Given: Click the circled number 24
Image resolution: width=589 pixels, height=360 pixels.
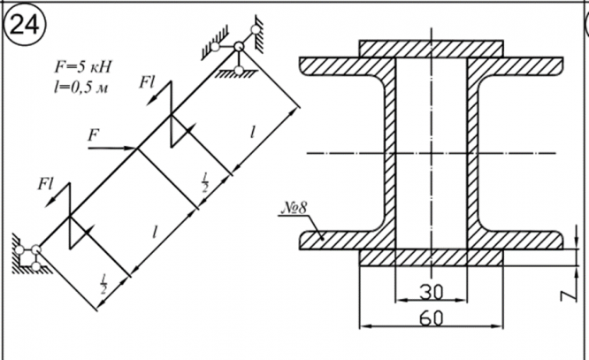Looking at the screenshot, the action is pyautogui.click(x=25, y=26).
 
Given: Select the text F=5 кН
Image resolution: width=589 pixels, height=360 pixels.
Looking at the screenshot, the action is pyautogui.click(x=83, y=67).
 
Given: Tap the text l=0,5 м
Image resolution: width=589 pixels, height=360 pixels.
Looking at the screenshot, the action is pyautogui.click(x=80, y=88).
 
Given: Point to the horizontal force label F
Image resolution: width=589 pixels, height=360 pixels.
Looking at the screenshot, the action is pyautogui.click(x=93, y=135).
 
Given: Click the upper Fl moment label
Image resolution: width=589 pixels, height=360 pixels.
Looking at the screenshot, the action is pyautogui.click(x=147, y=82).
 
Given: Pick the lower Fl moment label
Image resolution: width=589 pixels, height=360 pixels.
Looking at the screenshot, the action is pyautogui.click(x=45, y=184).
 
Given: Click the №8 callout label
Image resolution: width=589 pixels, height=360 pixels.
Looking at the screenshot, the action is pyautogui.click(x=294, y=208).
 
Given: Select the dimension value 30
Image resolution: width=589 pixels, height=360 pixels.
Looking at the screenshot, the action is pyautogui.click(x=432, y=292).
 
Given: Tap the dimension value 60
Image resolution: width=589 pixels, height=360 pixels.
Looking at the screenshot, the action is pyautogui.click(x=432, y=318).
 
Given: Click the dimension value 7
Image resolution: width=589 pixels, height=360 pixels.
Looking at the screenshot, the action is pyautogui.click(x=570, y=294).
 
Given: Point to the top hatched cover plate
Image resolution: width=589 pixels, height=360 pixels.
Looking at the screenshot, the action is pyautogui.click(x=432, y=49).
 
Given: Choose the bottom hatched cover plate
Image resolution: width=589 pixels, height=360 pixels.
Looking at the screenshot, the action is pyautogui.click(x=432, y=257).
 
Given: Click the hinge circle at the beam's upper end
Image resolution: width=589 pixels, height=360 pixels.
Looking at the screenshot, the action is pyautogui.click(x=239, y=47).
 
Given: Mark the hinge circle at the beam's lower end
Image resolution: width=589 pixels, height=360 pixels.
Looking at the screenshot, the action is pyautogui.click(x=36, y=249).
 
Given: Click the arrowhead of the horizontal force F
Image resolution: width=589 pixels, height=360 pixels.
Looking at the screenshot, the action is pyautogui.click(x=131, y=149).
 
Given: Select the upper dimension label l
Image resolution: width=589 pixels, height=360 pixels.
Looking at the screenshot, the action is pyautogui.click(x=253, y=133).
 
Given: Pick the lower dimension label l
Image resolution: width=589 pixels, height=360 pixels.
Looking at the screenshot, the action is pyautogui.click(x=155, y=232).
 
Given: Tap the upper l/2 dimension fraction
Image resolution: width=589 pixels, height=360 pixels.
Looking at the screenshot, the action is pyautogui.click(x=204, y=182).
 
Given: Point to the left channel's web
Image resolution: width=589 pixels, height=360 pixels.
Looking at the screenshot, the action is pyautogui.click(x=390, y=153).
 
